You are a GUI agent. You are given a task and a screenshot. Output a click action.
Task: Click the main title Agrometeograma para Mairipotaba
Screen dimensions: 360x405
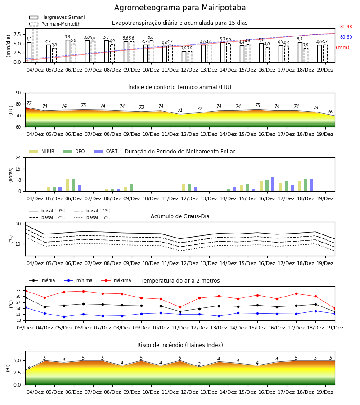pyautogui.click(x=180, y=8)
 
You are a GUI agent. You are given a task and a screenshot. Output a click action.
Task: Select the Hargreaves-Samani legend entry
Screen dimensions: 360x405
pyautogui.click(x=57, y=17)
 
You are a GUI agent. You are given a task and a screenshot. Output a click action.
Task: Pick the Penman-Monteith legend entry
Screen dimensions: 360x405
pyautogui.click(x=55, y=24)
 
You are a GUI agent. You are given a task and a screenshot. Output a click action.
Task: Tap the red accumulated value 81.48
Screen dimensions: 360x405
pyautogui.click(x=346, y=27)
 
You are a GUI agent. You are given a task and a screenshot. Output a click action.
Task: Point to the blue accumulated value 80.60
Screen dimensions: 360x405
pyautogui.click(x=346, y=37)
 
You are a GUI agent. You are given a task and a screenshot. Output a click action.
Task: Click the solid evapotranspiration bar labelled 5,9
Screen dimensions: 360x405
pyautogui.click(x=68, y=51)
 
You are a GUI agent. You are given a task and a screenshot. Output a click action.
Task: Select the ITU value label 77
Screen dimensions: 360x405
pyautogui.click(x=29, y=103)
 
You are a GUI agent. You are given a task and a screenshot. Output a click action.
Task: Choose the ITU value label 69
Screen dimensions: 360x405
pyautogui.click(x=331, y=112)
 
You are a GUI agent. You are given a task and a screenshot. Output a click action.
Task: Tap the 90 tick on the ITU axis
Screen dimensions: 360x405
pyautogui.click(x=18, y=93)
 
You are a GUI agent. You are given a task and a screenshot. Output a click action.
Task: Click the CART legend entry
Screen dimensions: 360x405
pyautogui.click(x=106, y=151)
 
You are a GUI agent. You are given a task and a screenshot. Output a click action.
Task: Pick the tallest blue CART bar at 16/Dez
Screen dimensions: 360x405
pyautogui.click(x=273, y=184)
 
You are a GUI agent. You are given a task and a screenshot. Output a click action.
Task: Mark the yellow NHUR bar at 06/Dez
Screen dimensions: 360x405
pyautogui.click(x=67, y=185)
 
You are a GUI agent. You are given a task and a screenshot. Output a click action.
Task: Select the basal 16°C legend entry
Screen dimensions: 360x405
pyautogui.click(x=92, y=217)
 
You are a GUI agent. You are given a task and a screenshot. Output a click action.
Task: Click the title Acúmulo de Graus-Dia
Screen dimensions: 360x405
pyautogui.click(x=180, y=216)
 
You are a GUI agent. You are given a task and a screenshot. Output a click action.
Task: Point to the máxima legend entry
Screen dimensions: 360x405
pyautogui.click(x=116, y=280)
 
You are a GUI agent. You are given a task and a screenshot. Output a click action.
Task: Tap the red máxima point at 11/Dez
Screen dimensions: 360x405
pyautogui.click(x=180, y=307)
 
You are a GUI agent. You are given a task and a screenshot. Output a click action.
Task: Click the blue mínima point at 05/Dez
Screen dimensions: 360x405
pyautogui.click(x=64, y=317)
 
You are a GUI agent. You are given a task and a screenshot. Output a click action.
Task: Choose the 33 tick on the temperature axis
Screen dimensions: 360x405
pyautogui.click(x=18, y=291)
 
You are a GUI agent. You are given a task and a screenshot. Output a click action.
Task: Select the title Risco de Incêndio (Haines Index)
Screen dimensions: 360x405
pyautogui.click(x=180, y=345)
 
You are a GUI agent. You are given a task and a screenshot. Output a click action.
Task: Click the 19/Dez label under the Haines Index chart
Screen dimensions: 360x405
pyautogui.click(x=325, y=392)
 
